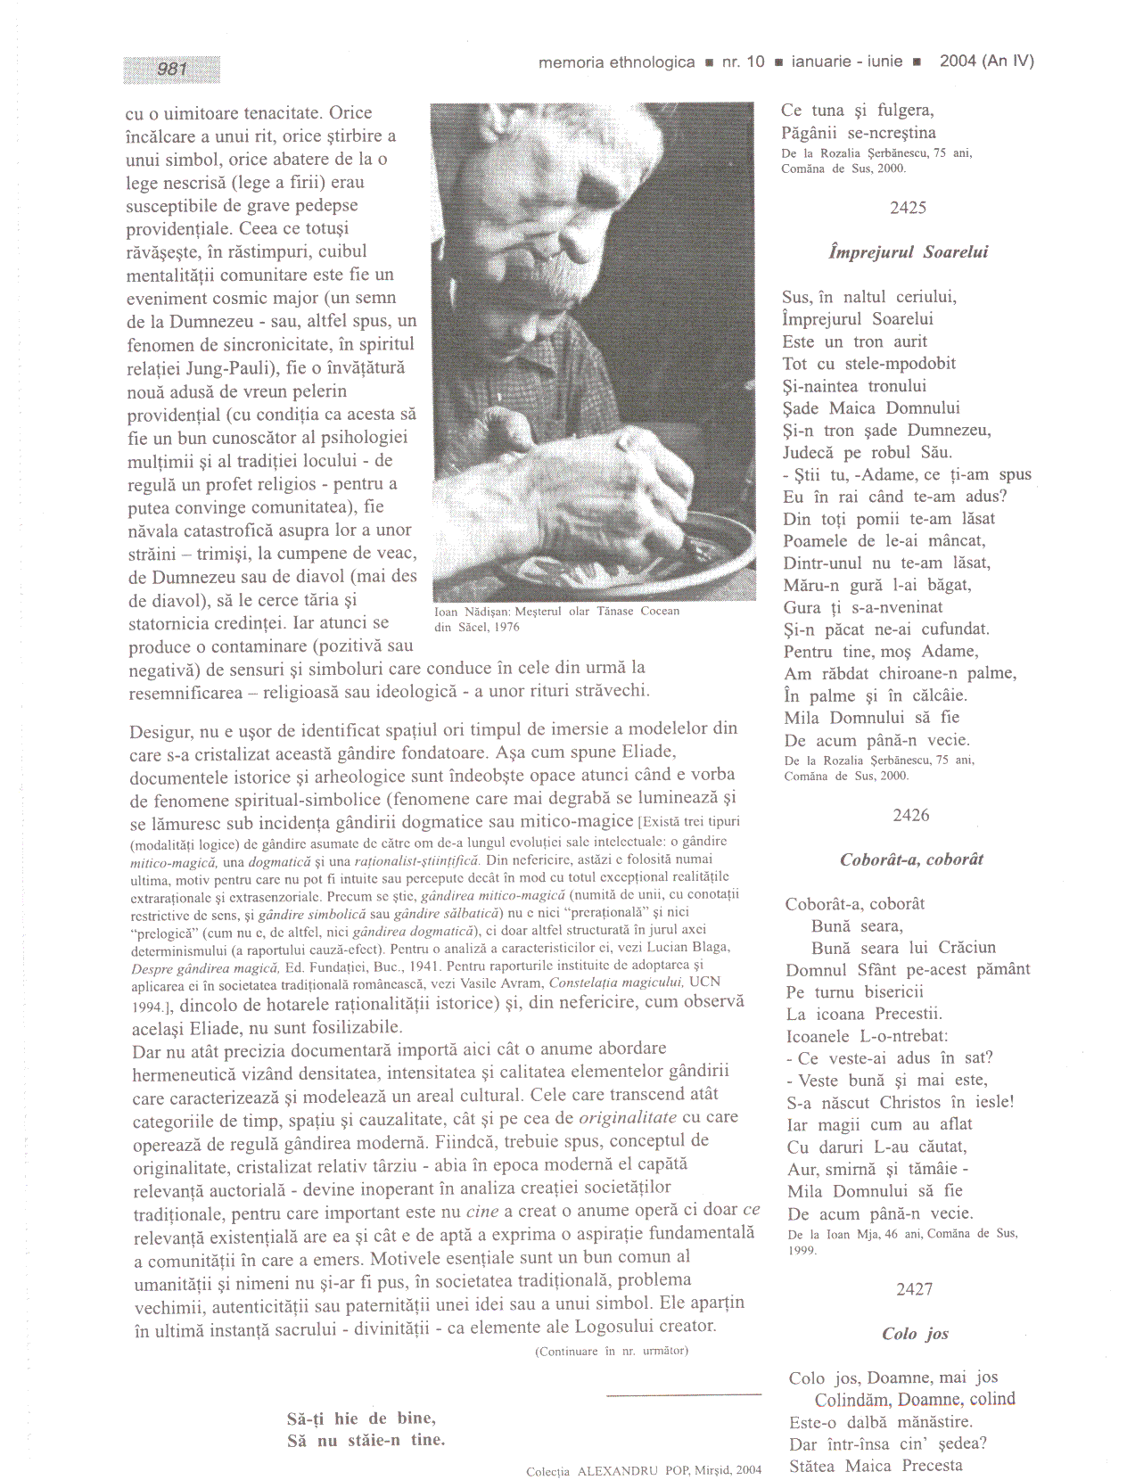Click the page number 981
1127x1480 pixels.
(172, 70)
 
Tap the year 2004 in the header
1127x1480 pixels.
(958, 62)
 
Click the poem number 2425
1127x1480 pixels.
(908, 208)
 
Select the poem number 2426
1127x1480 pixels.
(910, 815)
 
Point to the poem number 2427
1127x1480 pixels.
(914, 1289)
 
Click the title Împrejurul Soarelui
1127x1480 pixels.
(908, 252)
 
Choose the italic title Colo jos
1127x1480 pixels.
(915, 1334)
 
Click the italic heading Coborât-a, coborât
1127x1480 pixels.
(911, 859)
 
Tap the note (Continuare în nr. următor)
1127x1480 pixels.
(611, 1351)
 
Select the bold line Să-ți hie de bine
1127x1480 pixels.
(361, 1418)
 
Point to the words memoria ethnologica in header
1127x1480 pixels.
(616, 62)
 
